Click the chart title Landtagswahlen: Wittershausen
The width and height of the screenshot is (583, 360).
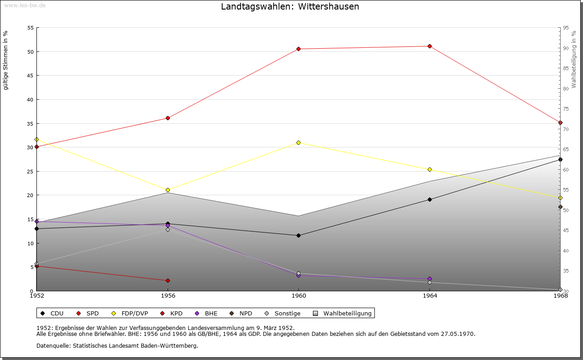coord(290,7)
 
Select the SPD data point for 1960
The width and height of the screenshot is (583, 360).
coord(298,49)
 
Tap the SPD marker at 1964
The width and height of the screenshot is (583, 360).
coord(430,46)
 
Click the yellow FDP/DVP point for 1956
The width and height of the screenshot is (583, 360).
coord(168,190)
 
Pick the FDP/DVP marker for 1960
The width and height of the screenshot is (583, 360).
coord(298,143)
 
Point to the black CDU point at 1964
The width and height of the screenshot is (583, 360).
coord(430,199)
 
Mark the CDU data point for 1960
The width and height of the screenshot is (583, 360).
coord(298,236)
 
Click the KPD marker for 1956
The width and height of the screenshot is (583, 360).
coord(168,280)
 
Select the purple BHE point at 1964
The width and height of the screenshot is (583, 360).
coord(430,279)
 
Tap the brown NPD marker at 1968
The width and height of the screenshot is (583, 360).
coord(560,207)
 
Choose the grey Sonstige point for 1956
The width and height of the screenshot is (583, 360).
coord(168,230)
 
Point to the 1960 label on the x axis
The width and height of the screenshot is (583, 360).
coord(298,296)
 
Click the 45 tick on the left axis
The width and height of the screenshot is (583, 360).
coord(31,76)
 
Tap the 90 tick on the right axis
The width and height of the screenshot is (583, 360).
coord(566,48)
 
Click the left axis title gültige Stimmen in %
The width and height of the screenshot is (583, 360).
coord(6,60)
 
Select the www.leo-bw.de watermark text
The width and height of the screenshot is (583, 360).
coord(25,5)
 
